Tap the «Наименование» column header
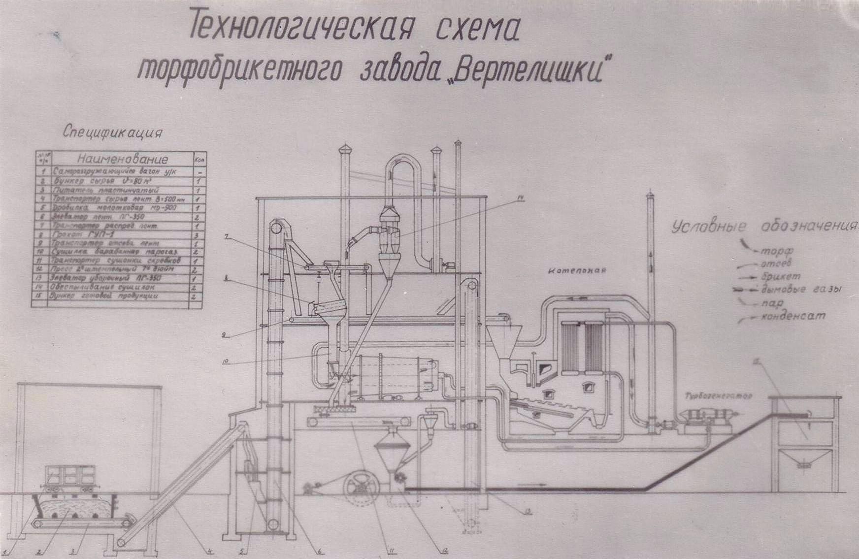point(122,160)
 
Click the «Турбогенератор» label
point(718,396)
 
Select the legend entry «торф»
point(777,252)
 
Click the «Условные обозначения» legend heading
point(763,227)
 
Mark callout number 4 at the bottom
point(210,552)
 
